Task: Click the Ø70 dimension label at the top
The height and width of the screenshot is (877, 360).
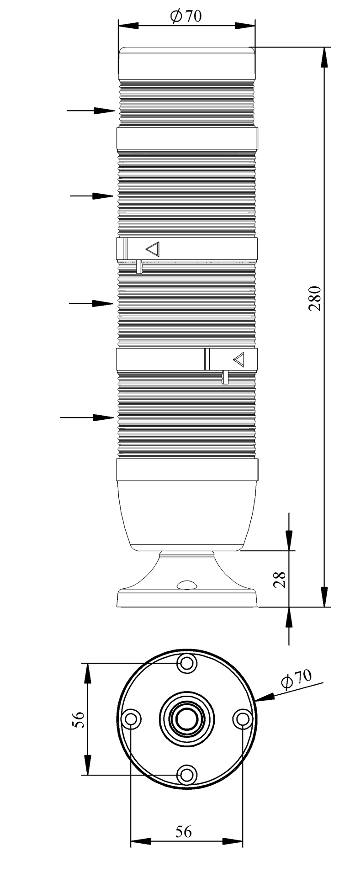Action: tap(185, 16)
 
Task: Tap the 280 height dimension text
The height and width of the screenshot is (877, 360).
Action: tap(315, 298)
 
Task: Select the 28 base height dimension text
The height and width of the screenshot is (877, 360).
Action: tap(281, 579)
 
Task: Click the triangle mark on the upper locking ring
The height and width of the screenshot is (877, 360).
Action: tap(153, 249)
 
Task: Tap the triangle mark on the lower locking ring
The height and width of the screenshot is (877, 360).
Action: tap(239, 359)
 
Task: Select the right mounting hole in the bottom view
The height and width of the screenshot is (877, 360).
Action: tap(242, 719)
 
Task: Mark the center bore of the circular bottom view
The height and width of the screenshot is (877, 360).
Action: tap(186, 719)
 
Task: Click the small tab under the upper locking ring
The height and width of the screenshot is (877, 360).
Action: tap(139, 266)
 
